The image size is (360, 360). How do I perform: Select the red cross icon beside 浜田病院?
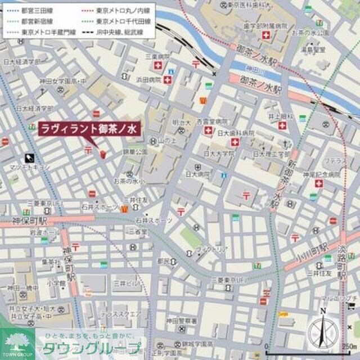tap(168, 80)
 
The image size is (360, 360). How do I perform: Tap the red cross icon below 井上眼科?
tap(282, 125)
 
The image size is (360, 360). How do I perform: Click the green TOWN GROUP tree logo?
tap(12, 342)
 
